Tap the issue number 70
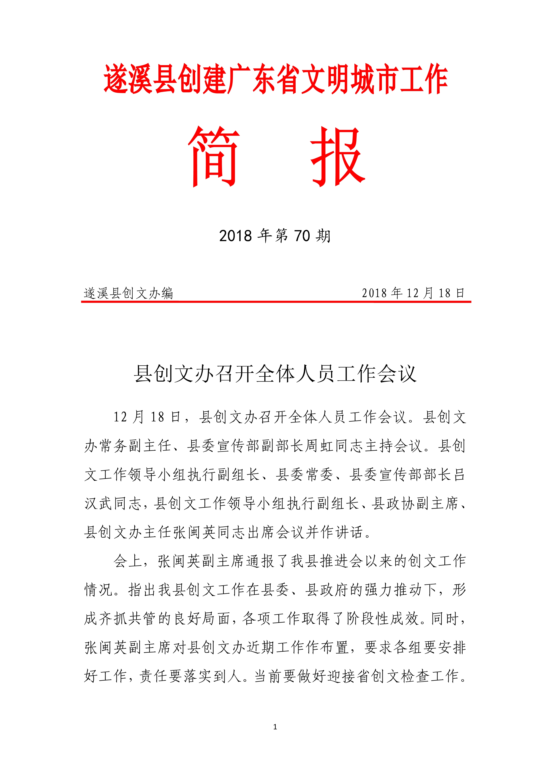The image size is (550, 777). coord(302,236)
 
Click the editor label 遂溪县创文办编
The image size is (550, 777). coord(128,293)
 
